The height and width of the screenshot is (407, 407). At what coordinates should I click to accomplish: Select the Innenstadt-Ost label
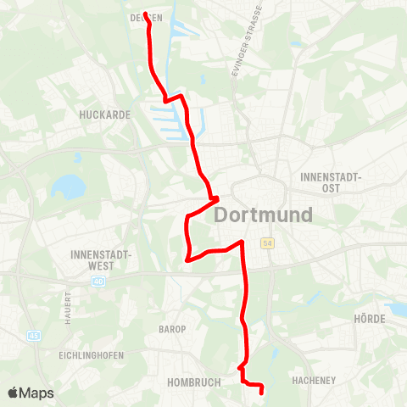coord(332,182)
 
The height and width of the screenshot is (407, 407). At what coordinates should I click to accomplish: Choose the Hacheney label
coord(314,382)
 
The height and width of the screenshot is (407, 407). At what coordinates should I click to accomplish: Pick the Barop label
coord(172,328)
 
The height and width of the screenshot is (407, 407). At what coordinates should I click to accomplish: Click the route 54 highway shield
coord(268,243)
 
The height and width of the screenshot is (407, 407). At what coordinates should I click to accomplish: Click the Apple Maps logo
coord(31,393)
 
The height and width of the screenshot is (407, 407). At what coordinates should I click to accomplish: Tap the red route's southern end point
coord(261,391)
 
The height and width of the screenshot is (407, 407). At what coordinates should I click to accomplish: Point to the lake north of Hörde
coord(395,309)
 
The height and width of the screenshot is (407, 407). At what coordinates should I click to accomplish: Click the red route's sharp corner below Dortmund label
coord(243,243)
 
